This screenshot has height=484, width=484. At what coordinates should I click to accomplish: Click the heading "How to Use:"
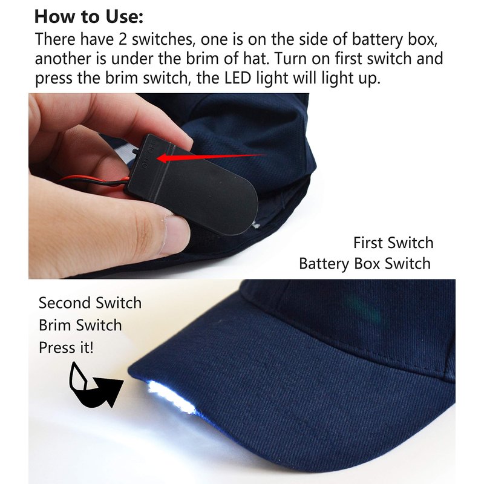coord(89,17)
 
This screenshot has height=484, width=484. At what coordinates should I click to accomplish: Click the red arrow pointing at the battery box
coord(211,157)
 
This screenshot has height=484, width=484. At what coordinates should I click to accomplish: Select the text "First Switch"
coord(393,243)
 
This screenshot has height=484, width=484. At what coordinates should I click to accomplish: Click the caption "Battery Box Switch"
coord(365,264)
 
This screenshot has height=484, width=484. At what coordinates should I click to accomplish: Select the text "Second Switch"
coord(90,303)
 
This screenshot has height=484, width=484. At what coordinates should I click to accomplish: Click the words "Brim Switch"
coord(80,325)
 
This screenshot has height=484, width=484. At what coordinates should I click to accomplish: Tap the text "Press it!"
coord(66,347)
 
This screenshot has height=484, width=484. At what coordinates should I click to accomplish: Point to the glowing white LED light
coord(171,397)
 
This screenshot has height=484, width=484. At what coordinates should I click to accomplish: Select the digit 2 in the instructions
coord(123,39)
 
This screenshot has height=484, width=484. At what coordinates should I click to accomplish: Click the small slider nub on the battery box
coord(135,152)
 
